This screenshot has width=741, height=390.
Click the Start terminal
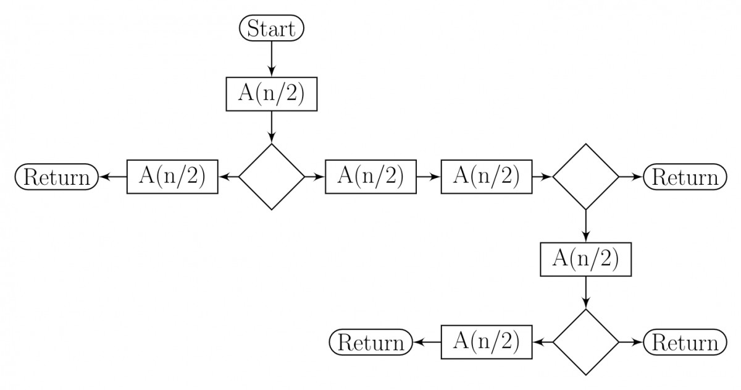pos(272,28)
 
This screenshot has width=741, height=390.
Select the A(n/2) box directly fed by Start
pos(272,95)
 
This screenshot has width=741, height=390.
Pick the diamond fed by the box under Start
pos(272,177)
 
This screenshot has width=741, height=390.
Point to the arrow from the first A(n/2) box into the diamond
pos(272,127)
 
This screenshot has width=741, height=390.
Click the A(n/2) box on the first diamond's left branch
pos(173,177)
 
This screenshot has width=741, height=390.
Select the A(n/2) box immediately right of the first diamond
pos(371,177)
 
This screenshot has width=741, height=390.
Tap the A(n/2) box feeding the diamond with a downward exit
pos(487,177)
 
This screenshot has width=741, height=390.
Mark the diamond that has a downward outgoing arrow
pos(585,177)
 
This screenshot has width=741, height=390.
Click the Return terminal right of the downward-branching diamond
pos(682,177)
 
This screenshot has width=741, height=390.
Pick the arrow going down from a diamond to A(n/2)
pos(585,226)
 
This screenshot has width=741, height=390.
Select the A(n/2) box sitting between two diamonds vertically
pos(585,259)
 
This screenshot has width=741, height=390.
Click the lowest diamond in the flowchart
pos(585,342)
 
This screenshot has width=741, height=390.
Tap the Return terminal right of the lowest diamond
pos(682,342)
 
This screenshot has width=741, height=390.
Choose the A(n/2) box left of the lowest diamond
pos(487,342)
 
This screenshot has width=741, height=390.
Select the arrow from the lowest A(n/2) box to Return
pos(426,342)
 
